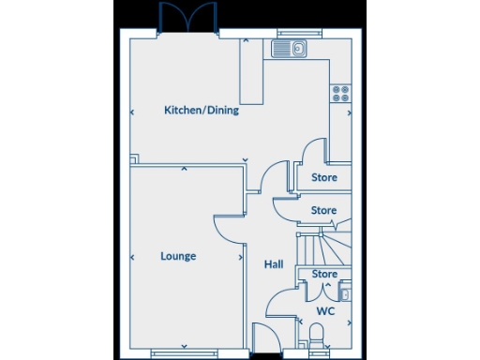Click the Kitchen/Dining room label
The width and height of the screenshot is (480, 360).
pyautogui.click(x=202, y=111)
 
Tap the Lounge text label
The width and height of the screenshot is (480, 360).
pyautogui.click(x=178, y=256)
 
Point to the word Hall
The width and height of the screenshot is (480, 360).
pyautogui.click(x=273, y=265)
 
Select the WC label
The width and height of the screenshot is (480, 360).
pyautogui.click(x=324, y=310)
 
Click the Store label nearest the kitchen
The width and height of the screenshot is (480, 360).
pyautogui.click(x=323, y=176)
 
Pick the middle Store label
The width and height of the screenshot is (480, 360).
pyautogui.click(x=323, y=211)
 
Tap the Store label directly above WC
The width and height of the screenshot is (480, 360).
pyautogui.click(x=324, y=275)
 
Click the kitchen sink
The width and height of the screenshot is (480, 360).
pyautogui.click(x=292, y=48)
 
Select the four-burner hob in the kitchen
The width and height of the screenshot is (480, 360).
pyautogui.click(x=340, y=93)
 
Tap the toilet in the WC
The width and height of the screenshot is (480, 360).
pyautogui.click(x=316, y=333)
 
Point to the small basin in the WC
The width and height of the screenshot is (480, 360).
pyautogui.click(x=345, y=294)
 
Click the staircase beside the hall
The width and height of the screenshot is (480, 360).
pyautogui.click(x=319, y=246)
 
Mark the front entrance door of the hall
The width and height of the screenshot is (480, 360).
pyautogui.click(x=264, y=337)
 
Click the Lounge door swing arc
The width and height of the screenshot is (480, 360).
pyautogui.click(x=229, y=229)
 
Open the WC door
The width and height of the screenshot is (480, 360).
pyautogui.click(x=279, y=304)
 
